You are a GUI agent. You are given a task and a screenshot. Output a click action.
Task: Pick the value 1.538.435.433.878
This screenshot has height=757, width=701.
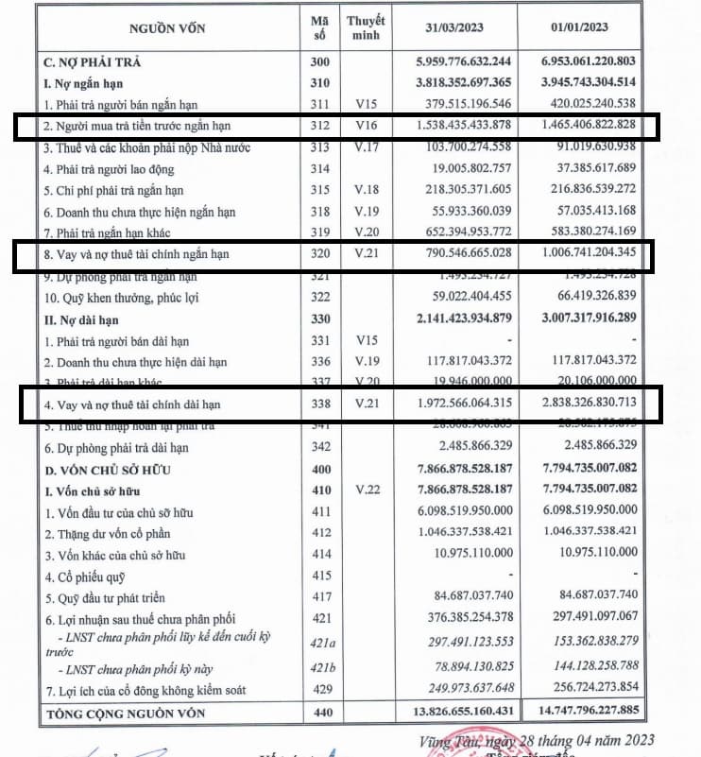456,125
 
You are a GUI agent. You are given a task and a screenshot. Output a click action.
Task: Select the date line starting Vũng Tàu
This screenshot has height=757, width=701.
538,739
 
